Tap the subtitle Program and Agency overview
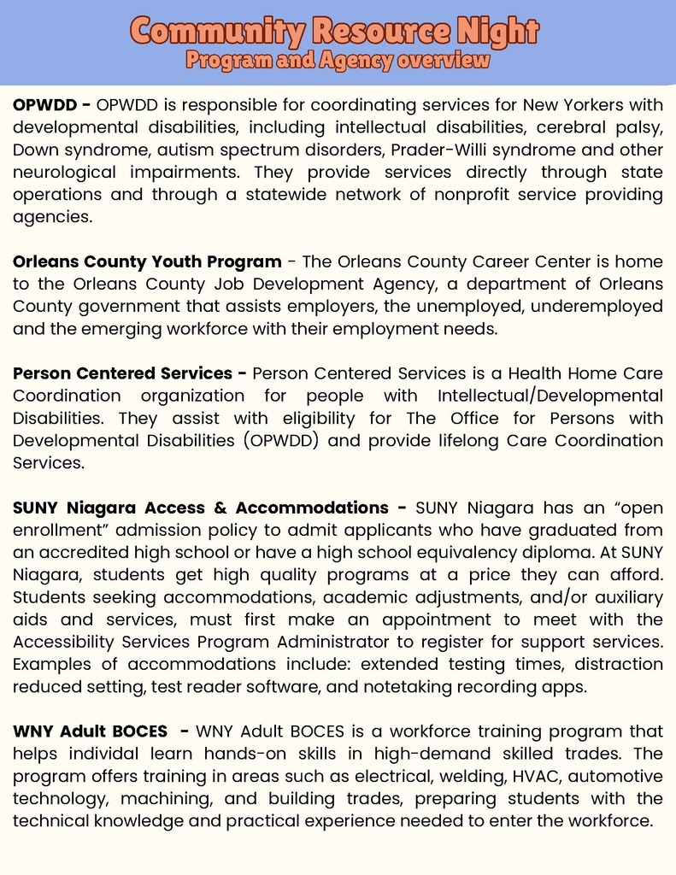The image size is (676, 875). coord(338,61)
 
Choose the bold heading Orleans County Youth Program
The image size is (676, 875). coord(147,261)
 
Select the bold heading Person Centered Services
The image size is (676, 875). coord(122,373)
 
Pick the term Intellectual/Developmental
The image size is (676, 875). coord(550,396)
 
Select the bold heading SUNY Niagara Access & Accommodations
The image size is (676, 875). coord(200,508)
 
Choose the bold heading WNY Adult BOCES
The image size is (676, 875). coord(90,731)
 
